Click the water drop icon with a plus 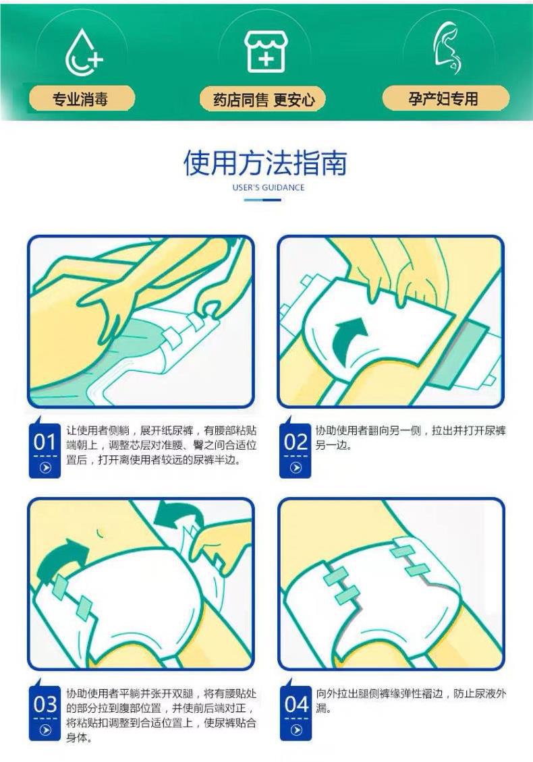point(83,53)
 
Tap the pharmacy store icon point(265,52)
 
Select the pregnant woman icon point(447,49)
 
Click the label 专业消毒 point(80,99)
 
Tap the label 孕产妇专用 point(443,98)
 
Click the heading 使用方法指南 point(266,163)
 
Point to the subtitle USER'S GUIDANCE point(269,187)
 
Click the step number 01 point(45,442)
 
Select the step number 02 point(296,442)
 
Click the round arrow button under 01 point(45,468)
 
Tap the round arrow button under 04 point(296,730)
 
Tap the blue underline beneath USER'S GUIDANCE point(262,200)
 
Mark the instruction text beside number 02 point(410,438)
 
